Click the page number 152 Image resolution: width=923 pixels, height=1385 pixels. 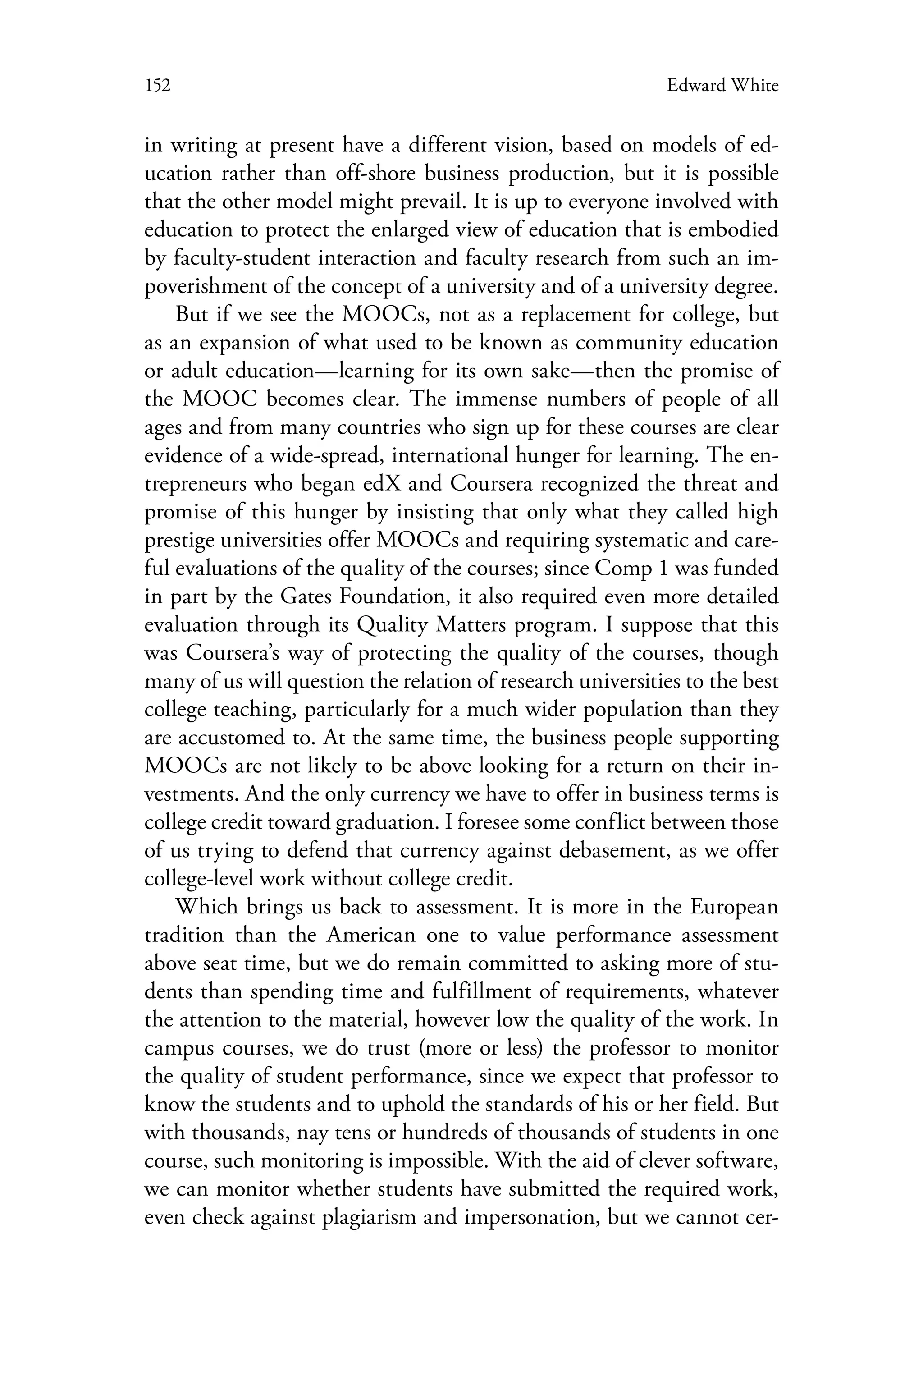click(x=157, y=86)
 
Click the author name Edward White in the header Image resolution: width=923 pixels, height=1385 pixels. click(x=722, y=86)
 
